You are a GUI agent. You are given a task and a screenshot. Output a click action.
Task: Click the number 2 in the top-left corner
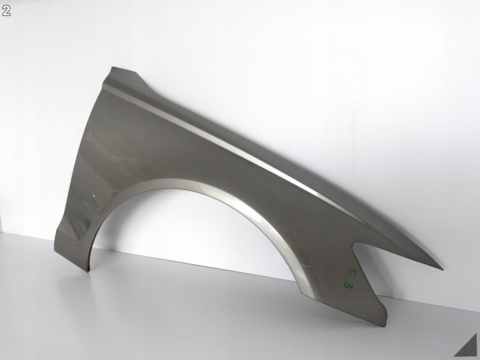coord(6,11)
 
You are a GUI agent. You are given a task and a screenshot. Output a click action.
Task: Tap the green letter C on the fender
coord(352,272)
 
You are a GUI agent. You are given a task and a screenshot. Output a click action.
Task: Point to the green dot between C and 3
coord(349,278)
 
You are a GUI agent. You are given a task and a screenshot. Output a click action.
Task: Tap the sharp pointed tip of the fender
coord(443,270)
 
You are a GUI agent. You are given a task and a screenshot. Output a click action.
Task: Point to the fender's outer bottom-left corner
coord(54,251)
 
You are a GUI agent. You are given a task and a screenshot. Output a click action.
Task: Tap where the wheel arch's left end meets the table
coord(89,271)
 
